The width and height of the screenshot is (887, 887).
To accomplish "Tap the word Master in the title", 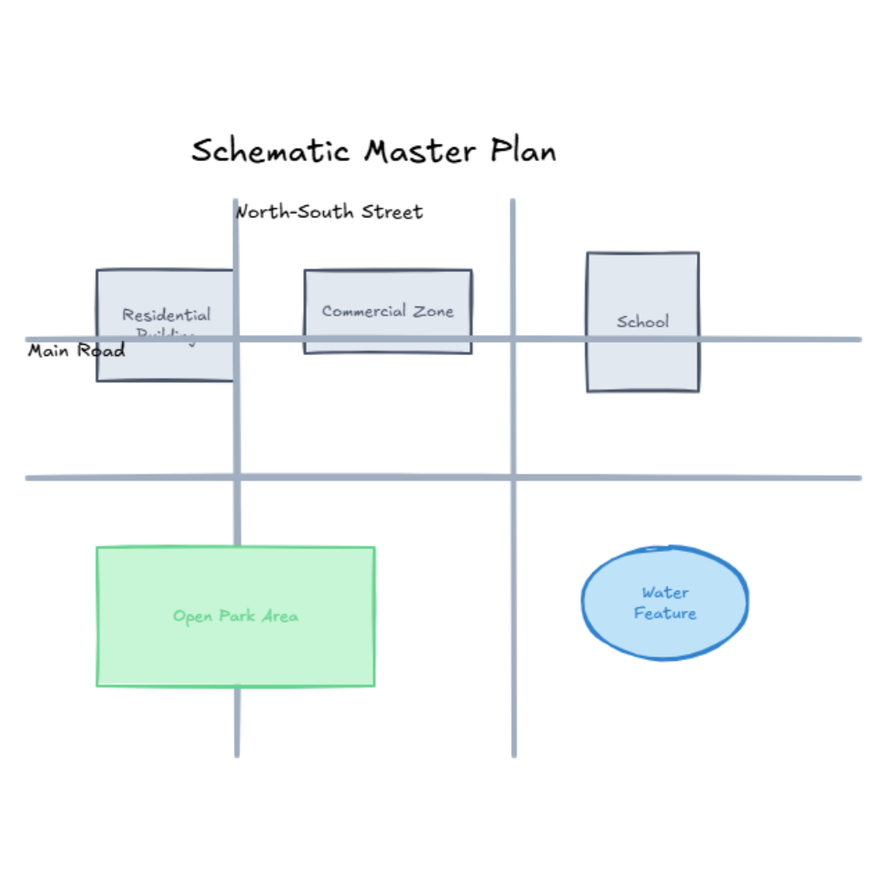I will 419,152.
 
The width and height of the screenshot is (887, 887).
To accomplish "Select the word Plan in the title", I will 523,152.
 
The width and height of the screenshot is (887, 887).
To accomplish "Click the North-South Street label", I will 329,211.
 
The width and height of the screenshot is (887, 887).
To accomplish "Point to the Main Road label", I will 76,351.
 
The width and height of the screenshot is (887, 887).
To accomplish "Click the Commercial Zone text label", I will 387,311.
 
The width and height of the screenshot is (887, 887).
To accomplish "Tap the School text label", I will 643,321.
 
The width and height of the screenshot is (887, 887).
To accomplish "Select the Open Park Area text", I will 236,617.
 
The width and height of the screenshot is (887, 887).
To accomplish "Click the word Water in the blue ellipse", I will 665,593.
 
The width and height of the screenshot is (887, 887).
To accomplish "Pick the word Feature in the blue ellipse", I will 665,613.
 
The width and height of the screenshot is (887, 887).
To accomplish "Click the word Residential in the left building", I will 166,315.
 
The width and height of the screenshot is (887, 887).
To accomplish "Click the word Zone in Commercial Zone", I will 432,311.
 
